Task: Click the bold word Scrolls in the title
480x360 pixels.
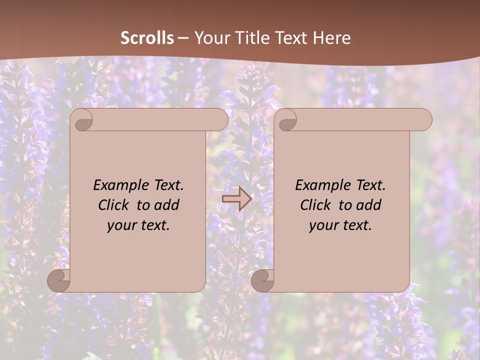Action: click(147, 38)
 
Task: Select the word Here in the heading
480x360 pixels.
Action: click(331, 38)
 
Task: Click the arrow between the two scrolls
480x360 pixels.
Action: click(236, 199)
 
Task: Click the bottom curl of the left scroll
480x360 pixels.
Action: click(58, 280)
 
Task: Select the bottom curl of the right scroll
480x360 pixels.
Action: click(262, 280)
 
